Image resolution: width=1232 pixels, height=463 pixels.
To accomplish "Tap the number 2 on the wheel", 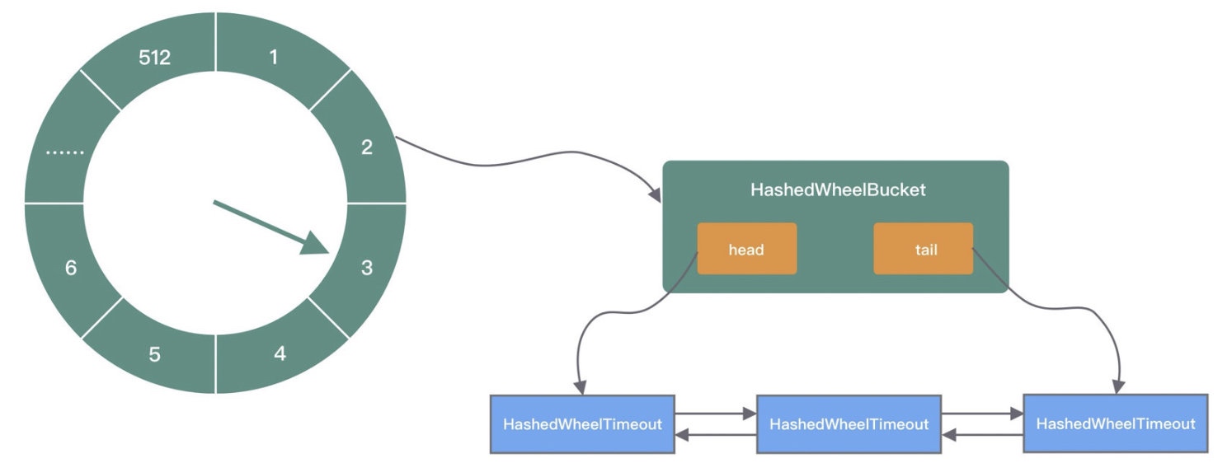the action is (367, 147).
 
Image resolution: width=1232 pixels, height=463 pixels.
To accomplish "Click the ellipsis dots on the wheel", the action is (65, 152).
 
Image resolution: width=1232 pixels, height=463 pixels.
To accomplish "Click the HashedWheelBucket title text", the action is (838, 189).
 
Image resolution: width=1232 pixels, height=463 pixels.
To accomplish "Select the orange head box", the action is (747, 248).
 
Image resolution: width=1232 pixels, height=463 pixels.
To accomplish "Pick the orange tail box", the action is (924, 248).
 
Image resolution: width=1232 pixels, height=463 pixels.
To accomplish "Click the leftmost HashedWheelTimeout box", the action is (582, 424).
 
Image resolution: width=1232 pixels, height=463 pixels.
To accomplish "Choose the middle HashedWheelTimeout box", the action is (849, 424).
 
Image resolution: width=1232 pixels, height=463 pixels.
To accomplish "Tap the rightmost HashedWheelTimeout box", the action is (1116, 423).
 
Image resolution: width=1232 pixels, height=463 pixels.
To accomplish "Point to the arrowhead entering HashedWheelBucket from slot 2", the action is (655, 195).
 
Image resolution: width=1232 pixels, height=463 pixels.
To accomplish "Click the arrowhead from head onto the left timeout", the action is (581, 387).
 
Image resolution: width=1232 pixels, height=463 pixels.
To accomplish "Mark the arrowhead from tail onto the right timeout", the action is (1119, 386).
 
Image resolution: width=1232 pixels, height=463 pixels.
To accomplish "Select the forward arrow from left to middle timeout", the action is (716, 413).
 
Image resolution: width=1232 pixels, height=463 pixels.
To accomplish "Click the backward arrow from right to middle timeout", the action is (982, 435).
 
